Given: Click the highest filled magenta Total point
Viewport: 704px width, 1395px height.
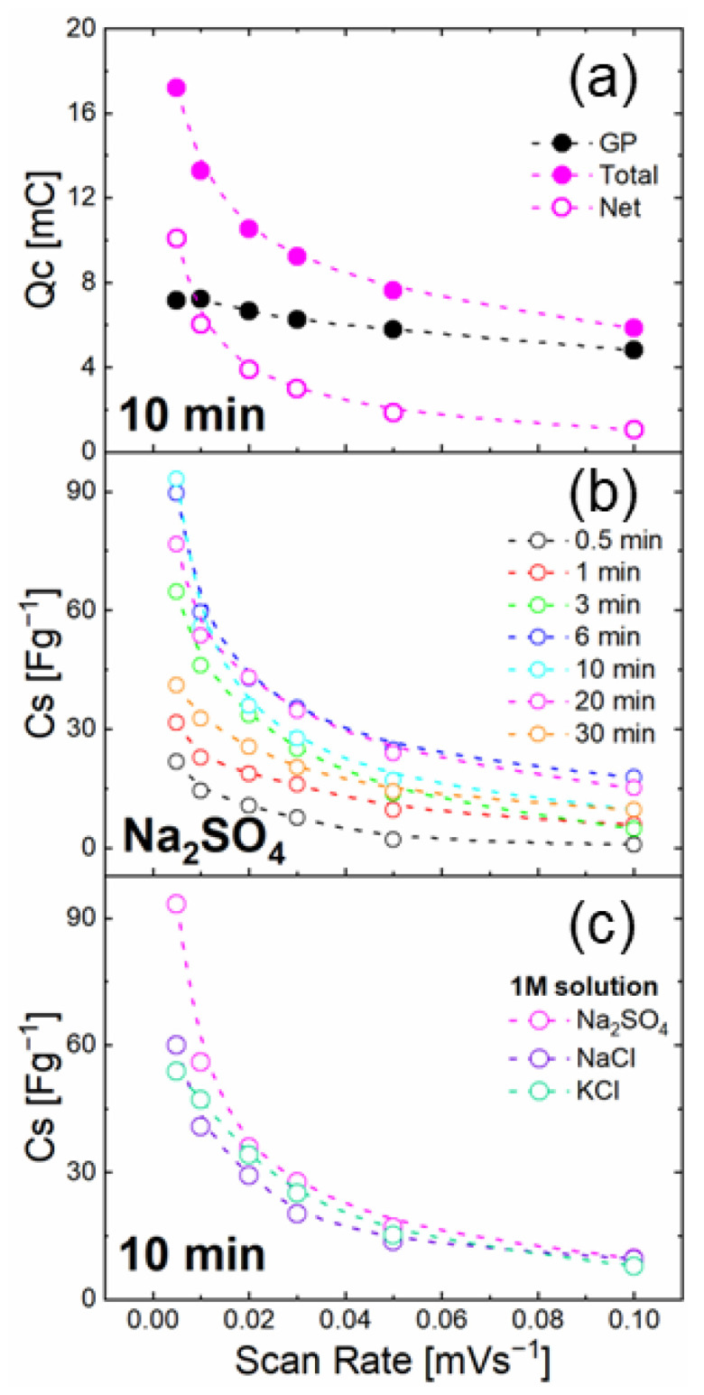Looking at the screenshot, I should click(x=177, y=88).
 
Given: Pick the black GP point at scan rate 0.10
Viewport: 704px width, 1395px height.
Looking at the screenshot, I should click(x=634, y=349).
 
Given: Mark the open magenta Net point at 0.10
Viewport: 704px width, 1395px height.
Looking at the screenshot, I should click(x=634, y=429).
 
